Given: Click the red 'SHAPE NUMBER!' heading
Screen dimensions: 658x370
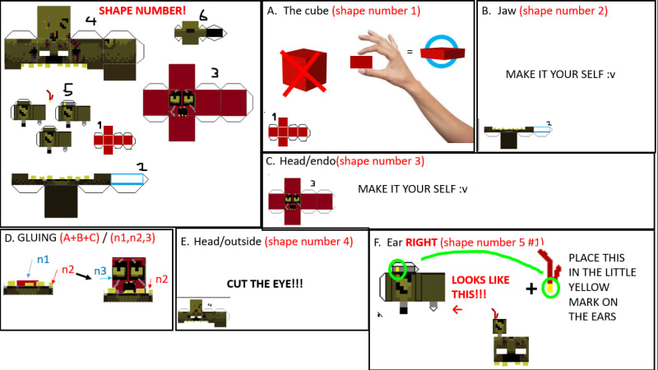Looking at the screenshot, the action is [x=142, y=12].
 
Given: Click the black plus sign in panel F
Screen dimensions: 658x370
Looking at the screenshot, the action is [x=531, y=288].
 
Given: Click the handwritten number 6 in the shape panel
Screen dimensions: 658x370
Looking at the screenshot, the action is [x=203, y=15].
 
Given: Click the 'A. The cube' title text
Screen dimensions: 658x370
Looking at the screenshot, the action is [x=303, y=11].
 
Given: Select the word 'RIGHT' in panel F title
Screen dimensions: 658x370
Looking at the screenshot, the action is [x=420, y=243].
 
